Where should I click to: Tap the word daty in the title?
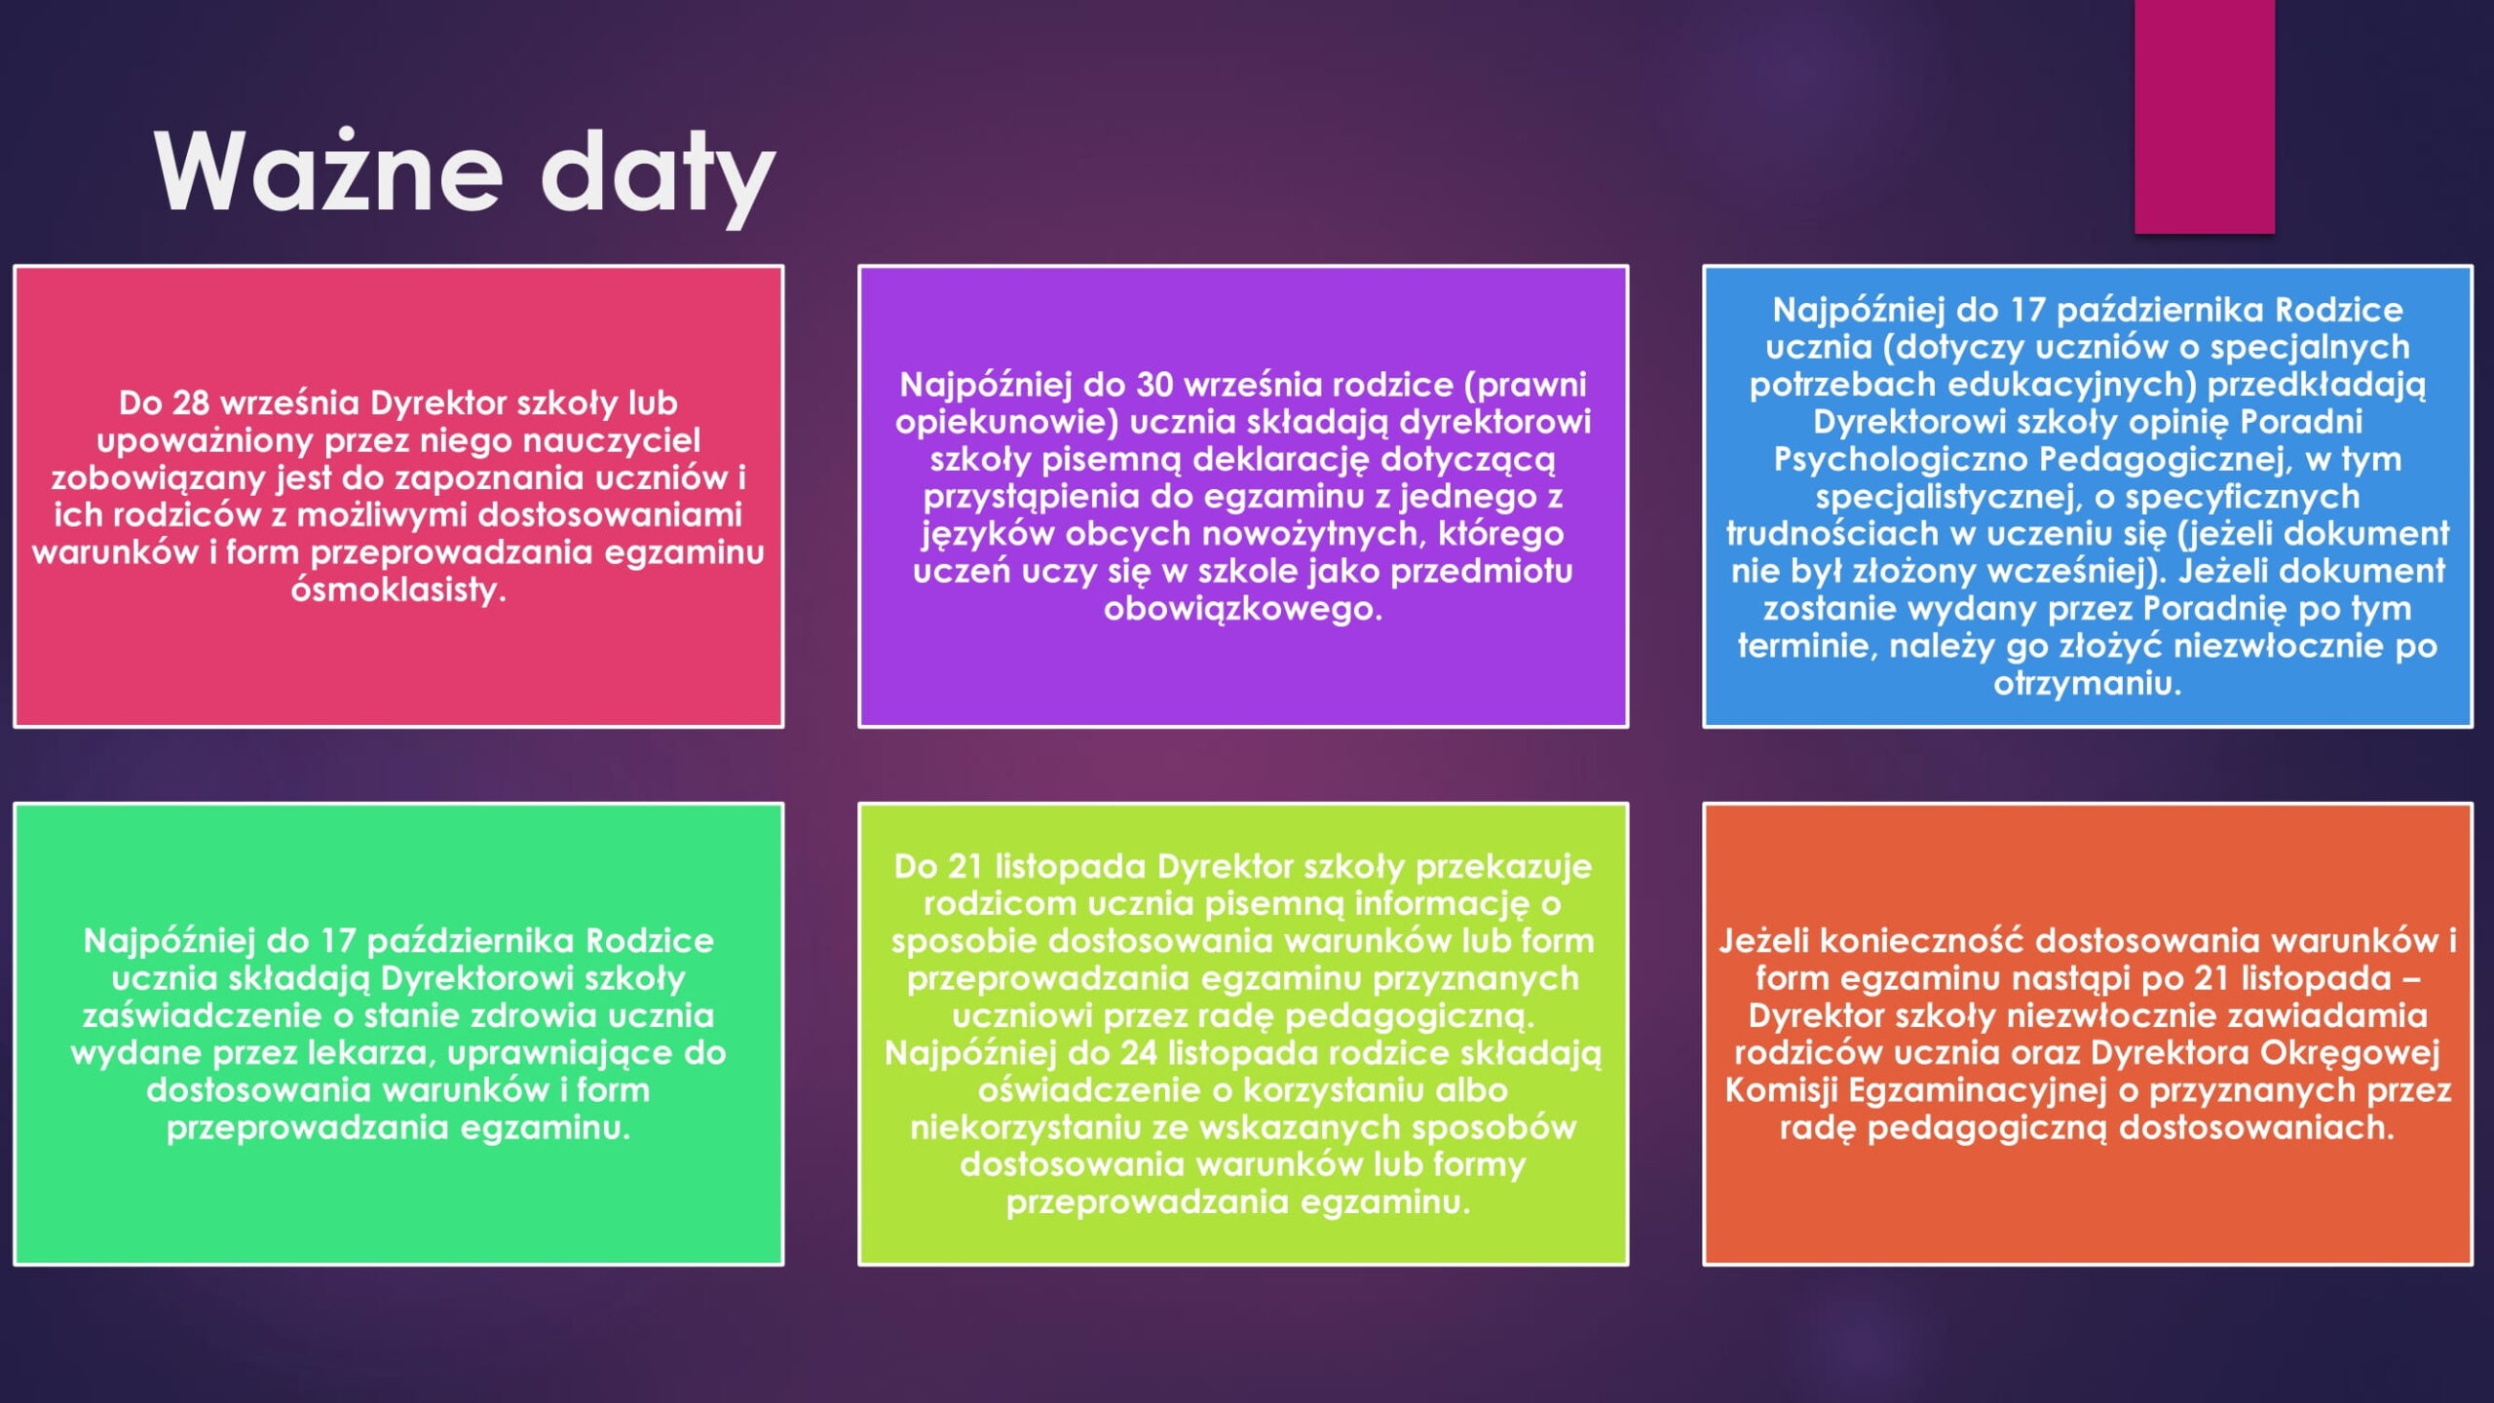(x=658, y=175)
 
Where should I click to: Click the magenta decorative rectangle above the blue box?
(x=2205, y=117)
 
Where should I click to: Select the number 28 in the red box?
(x=192, y=402)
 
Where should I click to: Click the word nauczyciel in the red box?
(x=612, y=440)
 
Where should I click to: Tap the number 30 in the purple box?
(x=1155, y=385)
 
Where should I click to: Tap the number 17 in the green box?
(x=338, y=941)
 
